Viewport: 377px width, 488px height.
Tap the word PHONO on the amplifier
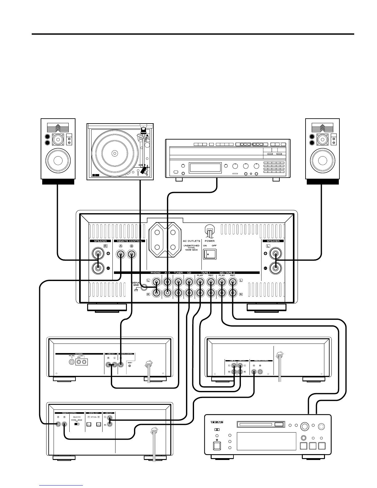(x=156, y=273)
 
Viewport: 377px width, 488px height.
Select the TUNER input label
(x=178, y=273)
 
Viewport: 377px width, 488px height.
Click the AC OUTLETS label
(x=191, y=241)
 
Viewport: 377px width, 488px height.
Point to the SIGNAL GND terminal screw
(x=144, y=288)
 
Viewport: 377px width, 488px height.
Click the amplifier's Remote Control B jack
(x=132, y=255)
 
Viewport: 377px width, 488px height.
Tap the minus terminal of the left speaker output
(x=275, y=268)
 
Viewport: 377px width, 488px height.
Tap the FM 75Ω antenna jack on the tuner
(x=72, y=362)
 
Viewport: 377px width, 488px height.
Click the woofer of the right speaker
(x=322, y=161)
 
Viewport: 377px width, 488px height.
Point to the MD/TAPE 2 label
(x=227, y=273)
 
